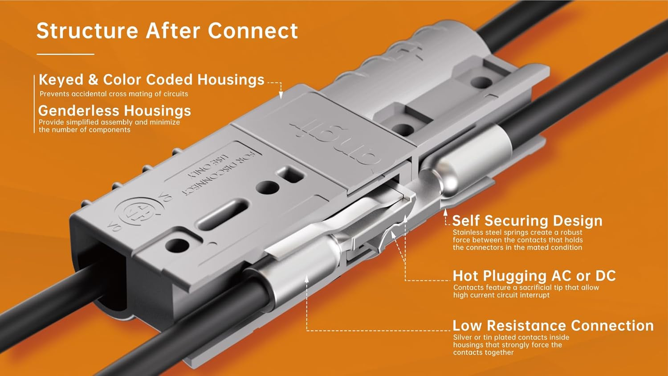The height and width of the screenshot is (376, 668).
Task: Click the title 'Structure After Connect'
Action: pyautogui.click(x=167, y=31)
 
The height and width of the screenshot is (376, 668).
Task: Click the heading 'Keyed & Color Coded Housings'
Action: pyautogui.click(x=151, y=80)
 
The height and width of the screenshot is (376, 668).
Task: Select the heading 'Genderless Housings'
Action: pyautogui.click(x=114, y=110)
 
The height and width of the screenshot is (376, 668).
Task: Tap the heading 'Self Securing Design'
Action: pyautogui.click(x=527, y=221)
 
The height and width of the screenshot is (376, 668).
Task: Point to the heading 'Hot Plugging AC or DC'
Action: pyautogui.click(x=534, y=276)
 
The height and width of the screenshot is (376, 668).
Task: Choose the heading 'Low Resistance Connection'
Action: pyautogui.click(x=553, y=326)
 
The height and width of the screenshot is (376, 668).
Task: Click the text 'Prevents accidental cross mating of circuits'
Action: pyautogui.click(x=114, y=94)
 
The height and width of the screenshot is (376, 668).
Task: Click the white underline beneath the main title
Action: pyautogui.click(x=65, y=54)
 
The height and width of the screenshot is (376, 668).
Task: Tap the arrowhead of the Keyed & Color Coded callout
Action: pyautogui.click(x=281, y=95)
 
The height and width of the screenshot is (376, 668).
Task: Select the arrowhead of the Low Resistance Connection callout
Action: pyautogui.click(x=307, y=279)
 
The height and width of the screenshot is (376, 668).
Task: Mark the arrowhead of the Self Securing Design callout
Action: pyautogui.click(x=446, y=212)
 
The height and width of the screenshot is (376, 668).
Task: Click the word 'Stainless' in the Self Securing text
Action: pyautogui.click(x=468, y=233)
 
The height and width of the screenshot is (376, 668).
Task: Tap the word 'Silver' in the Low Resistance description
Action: pyautogui.click(x=462, y=338)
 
